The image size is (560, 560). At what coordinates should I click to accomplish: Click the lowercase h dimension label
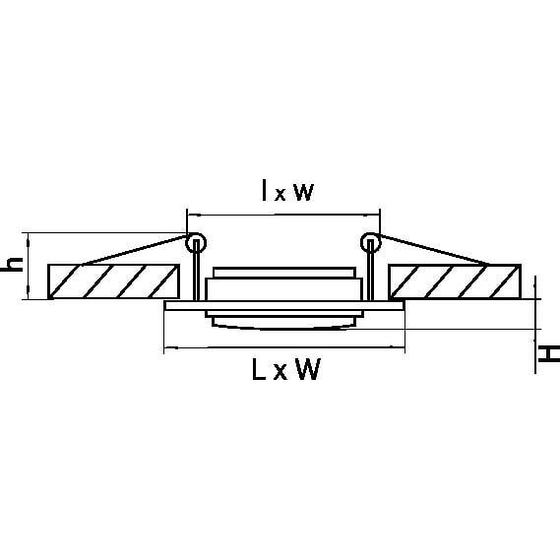pyautogui.click(x=12, y=264)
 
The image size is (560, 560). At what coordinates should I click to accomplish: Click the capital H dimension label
pyautogui.click(x=549, y=353)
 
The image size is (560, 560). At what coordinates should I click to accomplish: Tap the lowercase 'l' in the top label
pyautogui.click(x=264, y=190)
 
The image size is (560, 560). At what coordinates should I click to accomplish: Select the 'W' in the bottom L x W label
pyautogui.click(x=307, y=369)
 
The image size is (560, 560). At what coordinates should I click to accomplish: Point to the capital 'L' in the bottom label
pyautogui.click(x=259, y=369)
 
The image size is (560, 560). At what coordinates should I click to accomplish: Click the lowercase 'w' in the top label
pyautogui.click(x=303, y=192)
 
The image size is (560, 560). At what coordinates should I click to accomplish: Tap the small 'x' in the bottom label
pyautogui.click(x=280, y=373)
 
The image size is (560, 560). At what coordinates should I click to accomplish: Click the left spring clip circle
pyautogui.click(x=196, y=243)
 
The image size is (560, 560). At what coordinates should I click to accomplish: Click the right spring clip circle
pyautogui.click(x=371, y=243)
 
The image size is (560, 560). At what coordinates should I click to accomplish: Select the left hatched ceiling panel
pyautogui.click(x=113, y=281)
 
